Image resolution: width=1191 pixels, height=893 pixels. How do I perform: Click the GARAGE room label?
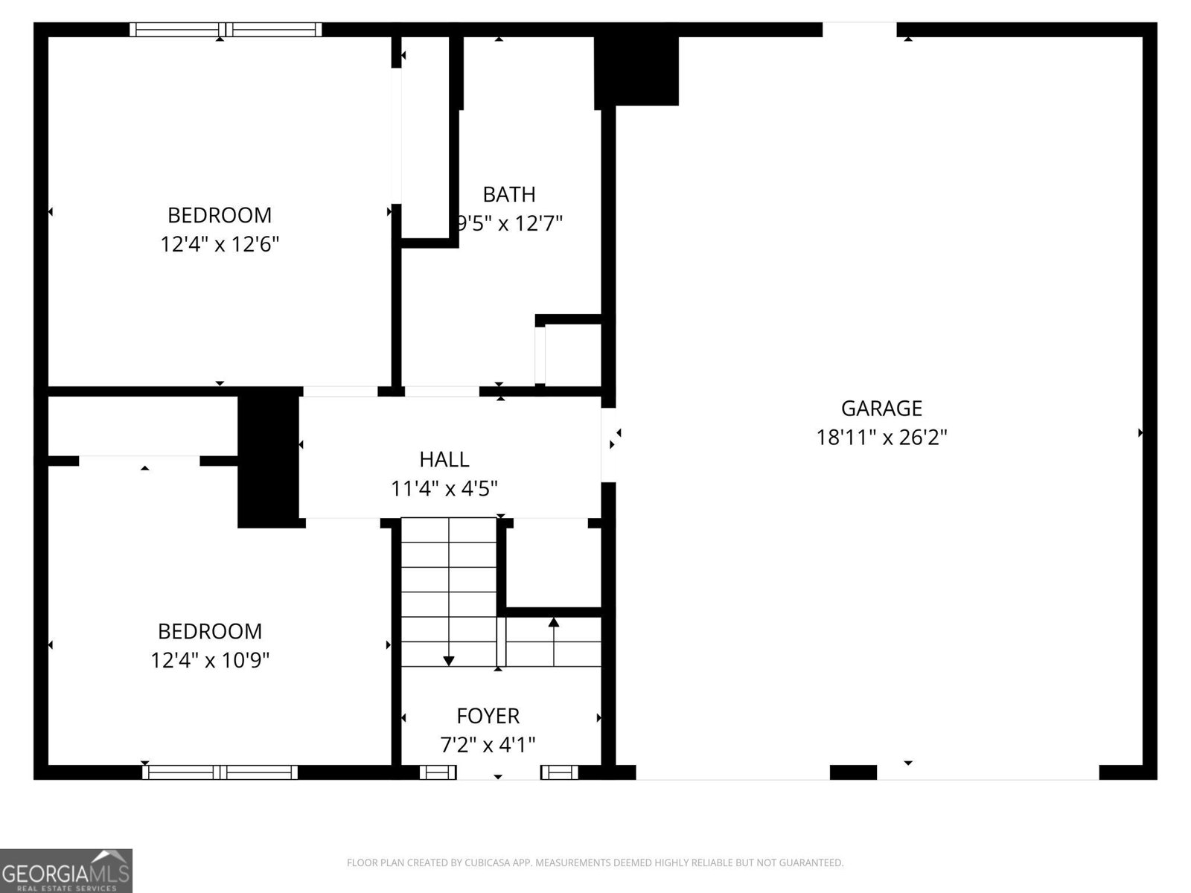(x=881, y=408)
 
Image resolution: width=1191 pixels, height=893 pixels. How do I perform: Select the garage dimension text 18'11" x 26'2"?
(x=881, y=437)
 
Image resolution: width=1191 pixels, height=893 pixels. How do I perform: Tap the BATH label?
(x=508, y=194)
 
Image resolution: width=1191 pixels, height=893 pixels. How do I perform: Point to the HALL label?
(x=444, y=459)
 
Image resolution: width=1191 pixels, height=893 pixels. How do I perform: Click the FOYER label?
(x=488, y=716)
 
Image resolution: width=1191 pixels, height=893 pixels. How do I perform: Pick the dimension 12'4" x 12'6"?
(x=220, y=244)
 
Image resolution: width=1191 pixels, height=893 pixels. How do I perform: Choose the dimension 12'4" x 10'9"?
(x=210, y=660)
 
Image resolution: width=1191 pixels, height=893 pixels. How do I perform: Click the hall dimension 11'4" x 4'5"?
(x=444, y=489)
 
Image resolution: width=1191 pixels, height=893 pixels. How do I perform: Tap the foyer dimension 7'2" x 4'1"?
(x=488, y=744)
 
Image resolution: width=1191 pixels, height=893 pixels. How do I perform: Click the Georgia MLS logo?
(x=66, y=871)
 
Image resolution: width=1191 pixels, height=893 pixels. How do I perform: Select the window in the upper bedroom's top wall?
(x=226, y=30)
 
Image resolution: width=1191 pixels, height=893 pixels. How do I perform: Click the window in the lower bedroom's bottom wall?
(x=220, y=772)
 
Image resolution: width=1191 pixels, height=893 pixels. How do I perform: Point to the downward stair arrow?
(x=448, y=659)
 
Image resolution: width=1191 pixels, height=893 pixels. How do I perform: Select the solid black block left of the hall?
(x=268, y=460)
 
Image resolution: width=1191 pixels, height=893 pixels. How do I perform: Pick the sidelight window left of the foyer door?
(x=438, y=772)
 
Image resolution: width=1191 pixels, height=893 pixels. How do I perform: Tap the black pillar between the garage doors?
(x=853, y=772)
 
